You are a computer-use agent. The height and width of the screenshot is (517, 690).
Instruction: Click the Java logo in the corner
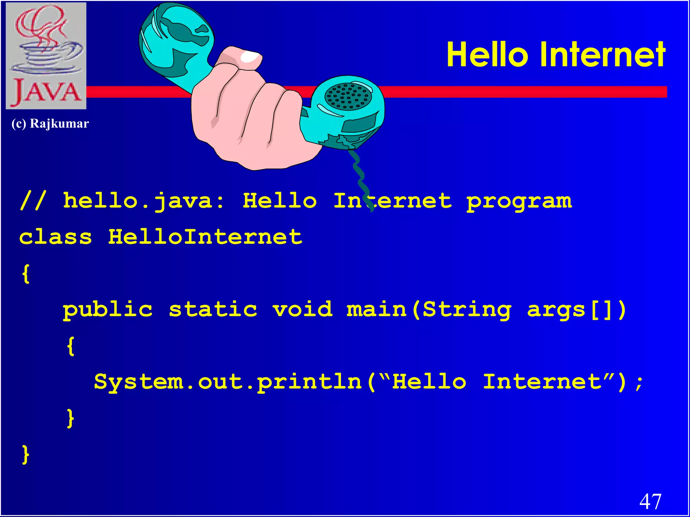tap(46, 56)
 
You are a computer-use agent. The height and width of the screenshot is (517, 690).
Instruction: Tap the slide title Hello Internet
tap(556, 55)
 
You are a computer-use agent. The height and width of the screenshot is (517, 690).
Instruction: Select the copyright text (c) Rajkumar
tap(50, 124)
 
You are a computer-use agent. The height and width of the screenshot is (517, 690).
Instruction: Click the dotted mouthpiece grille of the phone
tap(348, 97)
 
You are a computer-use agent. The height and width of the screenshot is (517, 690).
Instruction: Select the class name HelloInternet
tap(205, 237)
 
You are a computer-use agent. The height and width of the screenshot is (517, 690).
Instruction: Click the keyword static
tap(213, 310)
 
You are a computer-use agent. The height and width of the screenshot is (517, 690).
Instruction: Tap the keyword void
tap(303, 310)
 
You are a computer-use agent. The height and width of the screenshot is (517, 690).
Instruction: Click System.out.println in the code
tap(228, 382)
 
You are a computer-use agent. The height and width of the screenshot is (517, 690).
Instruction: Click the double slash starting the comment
tap(33, 201)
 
